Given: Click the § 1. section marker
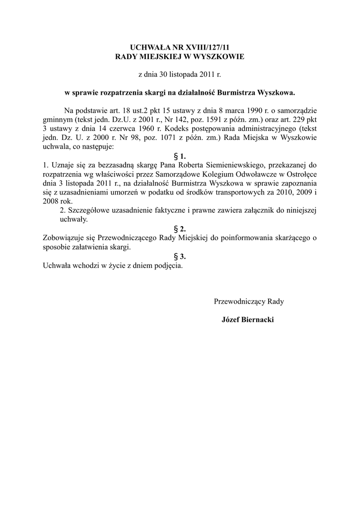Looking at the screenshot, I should click(x=180, y=156).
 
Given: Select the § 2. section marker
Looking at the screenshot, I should click(x=180, y=229).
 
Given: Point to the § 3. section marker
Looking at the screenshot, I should click(x=180, y=256).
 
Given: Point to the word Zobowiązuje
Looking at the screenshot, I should click(x=65, y=238).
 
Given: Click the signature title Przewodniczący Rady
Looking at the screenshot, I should click(x=249, y=301).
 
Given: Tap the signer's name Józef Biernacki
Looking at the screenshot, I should click(x=247, y=319).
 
